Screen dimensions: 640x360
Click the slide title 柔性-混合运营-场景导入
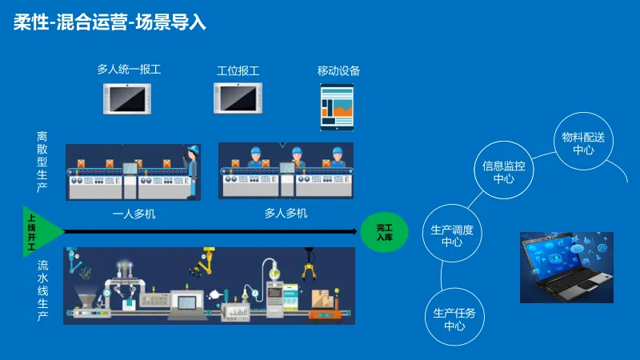(x=110, y=22)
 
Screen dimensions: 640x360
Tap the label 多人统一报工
(x=129, y=70)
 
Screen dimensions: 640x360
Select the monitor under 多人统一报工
(x=128, y=98)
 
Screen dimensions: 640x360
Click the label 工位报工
(x=238, y=70)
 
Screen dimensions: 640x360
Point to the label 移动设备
(x=338, y=70)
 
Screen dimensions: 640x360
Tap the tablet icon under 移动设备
(x=337, y=107)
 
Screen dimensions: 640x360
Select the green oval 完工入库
(x=385, y=232)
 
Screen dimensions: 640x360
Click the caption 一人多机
(x=134, y=214)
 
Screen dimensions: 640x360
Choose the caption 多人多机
(x=286, y=214)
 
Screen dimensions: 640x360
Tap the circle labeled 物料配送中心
(x=583, y=144)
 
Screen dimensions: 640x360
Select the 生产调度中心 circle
(x=452, y=236)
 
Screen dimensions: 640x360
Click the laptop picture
(x=566, y=267)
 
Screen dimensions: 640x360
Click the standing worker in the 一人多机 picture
(x=191, y=170)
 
